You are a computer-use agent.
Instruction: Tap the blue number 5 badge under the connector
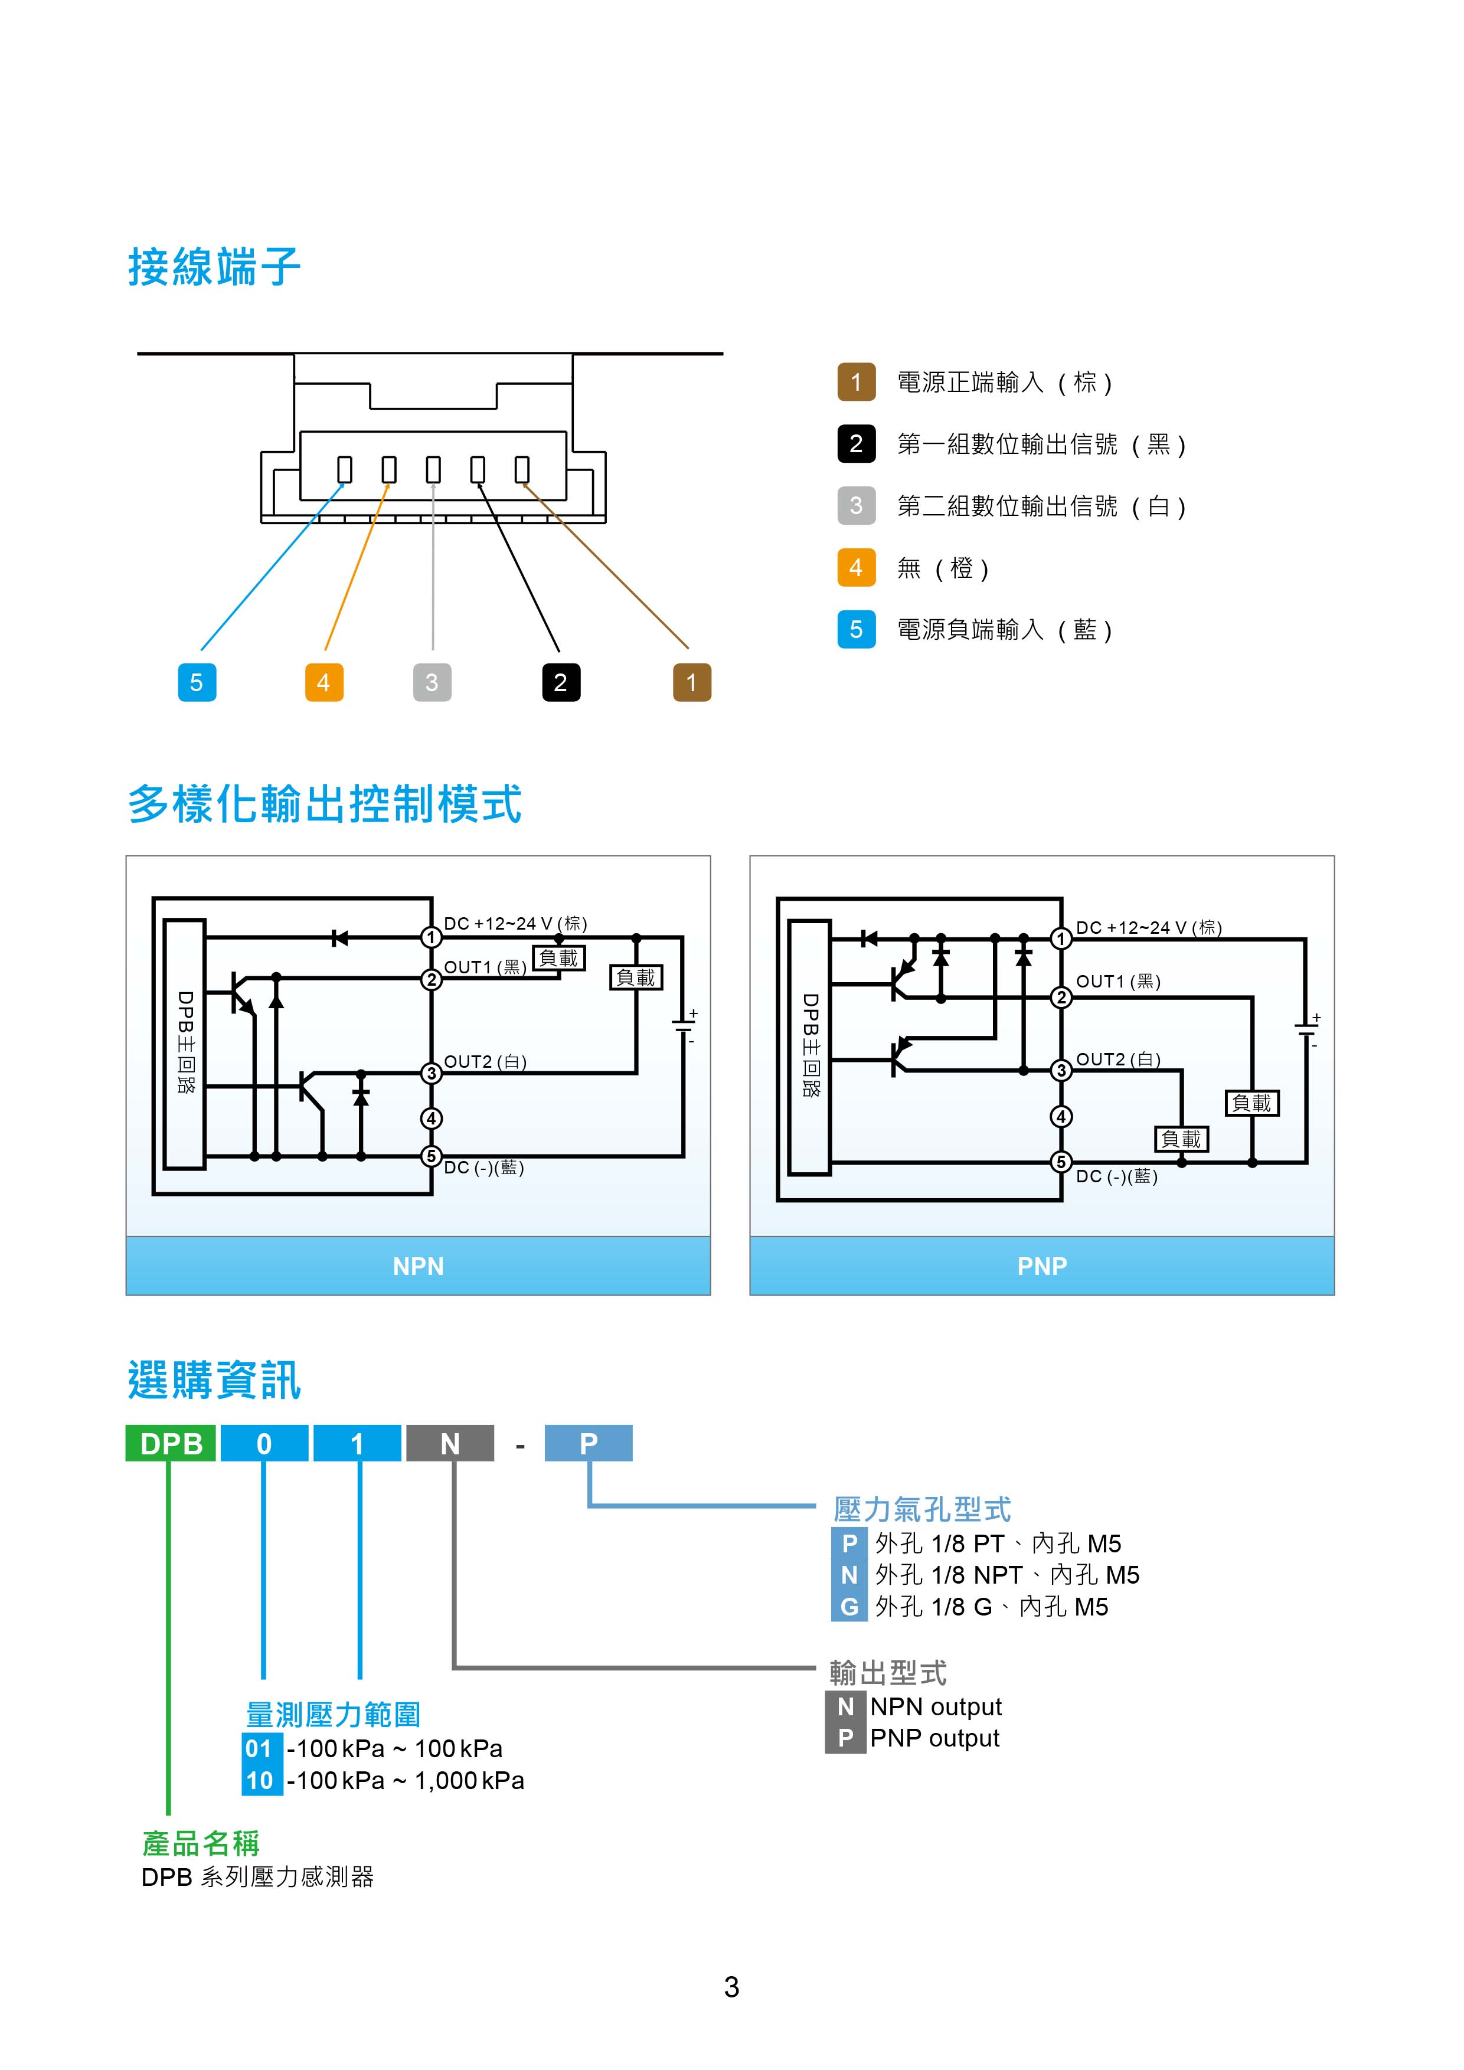coord(197,682)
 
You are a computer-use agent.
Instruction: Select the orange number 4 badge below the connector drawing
coord(323,682)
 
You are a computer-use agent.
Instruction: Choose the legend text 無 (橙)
coord(943,568)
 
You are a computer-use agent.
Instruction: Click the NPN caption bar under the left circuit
coord(419,1266)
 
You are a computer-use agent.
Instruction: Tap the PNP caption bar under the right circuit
coord(1041,1266)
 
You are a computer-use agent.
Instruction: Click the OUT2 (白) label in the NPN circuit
coord(485,1062)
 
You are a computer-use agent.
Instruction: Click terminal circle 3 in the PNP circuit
coord(1061,1070)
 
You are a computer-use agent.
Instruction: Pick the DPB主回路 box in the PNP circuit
coord(809,1046)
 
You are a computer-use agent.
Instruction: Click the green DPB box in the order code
coord(171,1443)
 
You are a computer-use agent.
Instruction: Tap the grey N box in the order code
coord(450,1443)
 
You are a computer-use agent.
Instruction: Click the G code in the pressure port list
coord(848,1607)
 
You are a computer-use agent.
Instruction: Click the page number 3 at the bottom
coord(731,1987)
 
